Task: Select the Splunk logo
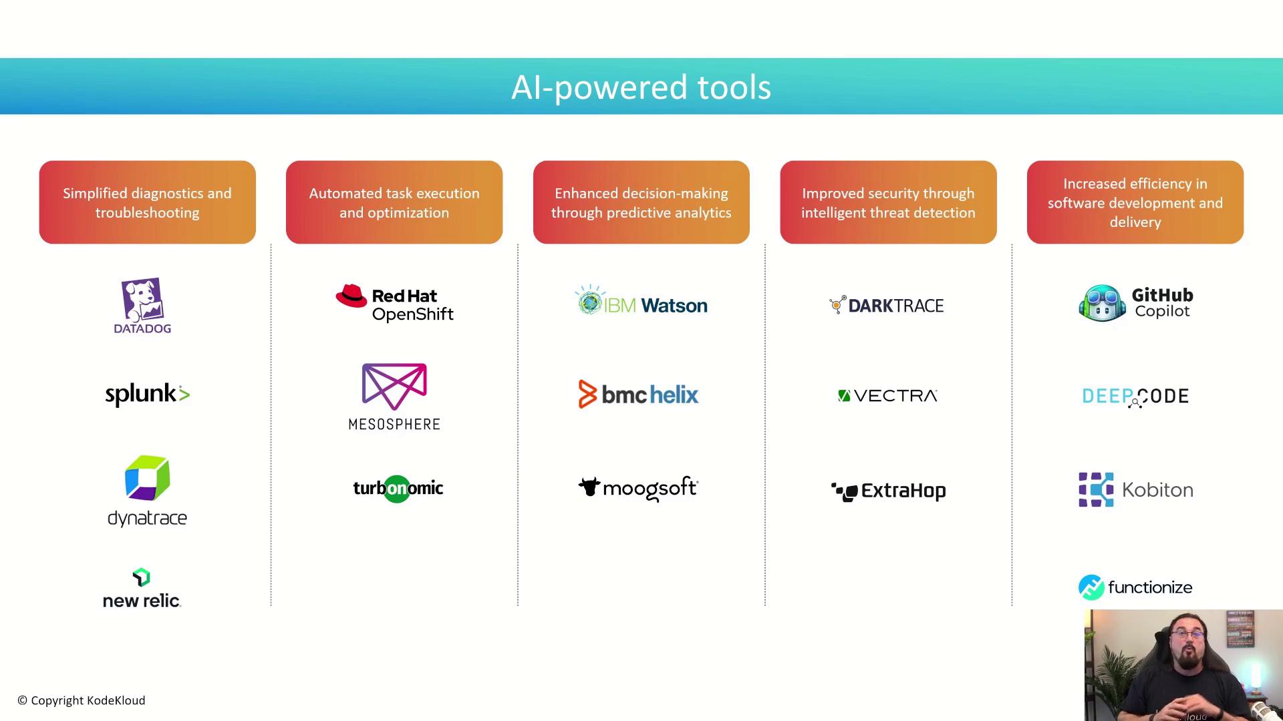tap(148, 395)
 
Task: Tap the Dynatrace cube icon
tap(148, 478)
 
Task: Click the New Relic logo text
tap(142, 601)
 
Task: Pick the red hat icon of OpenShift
tap(351, 296)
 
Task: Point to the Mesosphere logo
tap(394, 397)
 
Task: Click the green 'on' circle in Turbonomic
tap(397, 489)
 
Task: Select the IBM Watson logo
tap(641, 301)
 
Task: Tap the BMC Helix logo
tap(638, 395)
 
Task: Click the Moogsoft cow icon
tap(589, 487)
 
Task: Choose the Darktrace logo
tap(886, 305)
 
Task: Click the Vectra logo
tap(888, 396)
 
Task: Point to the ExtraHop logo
tap(889, 491)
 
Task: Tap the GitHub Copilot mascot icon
tap(1103, 304)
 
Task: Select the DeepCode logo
tap(1135, 397)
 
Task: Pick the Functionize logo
tap(1135, 587)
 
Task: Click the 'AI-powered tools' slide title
tap(641, 87)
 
